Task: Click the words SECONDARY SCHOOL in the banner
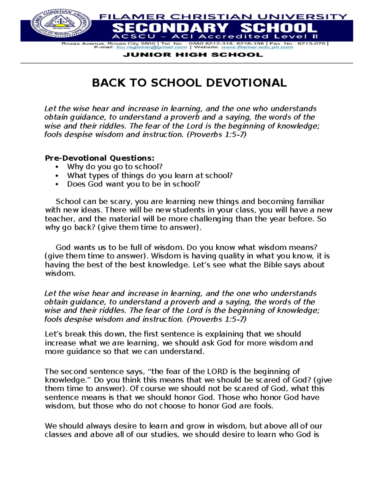click(215, 28)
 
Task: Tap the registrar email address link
click(152, 47)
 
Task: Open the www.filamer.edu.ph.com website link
click(257, 47)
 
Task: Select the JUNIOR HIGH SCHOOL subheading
click(193, 55)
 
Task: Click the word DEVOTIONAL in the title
click(246, 83)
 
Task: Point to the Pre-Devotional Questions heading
click(100, 158)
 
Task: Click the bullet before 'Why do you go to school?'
click(57, 167)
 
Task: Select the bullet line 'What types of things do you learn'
click(149, 175)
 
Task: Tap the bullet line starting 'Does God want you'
click(133, 184)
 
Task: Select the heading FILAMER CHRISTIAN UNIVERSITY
click(223, 17)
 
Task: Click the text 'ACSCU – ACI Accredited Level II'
click(215, 37)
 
